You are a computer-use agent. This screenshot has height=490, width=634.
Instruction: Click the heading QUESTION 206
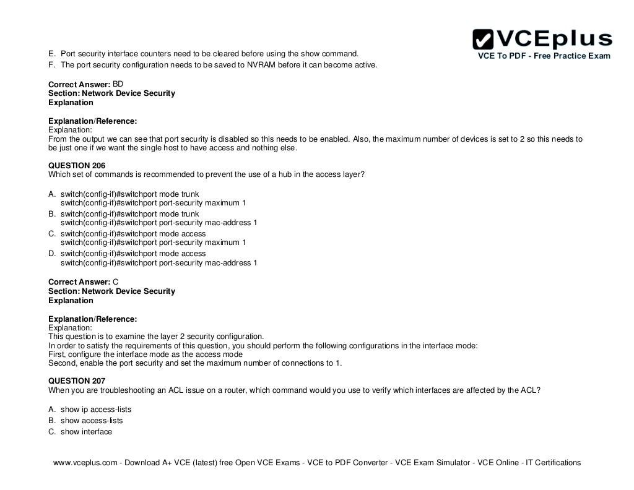[77, 165]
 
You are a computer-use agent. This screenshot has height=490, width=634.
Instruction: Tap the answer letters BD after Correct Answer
[118, 83]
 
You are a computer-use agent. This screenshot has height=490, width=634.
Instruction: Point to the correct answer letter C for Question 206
[116, 282]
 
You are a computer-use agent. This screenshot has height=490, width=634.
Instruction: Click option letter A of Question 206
[51, 194]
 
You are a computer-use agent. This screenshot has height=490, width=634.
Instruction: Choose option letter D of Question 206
[51, 254]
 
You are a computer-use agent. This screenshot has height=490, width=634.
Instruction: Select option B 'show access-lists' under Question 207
[92, 421]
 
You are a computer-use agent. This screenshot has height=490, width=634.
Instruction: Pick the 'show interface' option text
[86, 432]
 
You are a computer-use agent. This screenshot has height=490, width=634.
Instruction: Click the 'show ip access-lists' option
[96, 410]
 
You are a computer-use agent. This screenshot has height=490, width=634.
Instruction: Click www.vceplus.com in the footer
[85, 463]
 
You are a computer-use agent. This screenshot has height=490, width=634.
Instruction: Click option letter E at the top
[51, 53]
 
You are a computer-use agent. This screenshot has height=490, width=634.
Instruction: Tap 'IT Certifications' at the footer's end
[554, 463]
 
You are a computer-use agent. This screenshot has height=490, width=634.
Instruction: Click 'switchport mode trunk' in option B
[157, 214]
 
